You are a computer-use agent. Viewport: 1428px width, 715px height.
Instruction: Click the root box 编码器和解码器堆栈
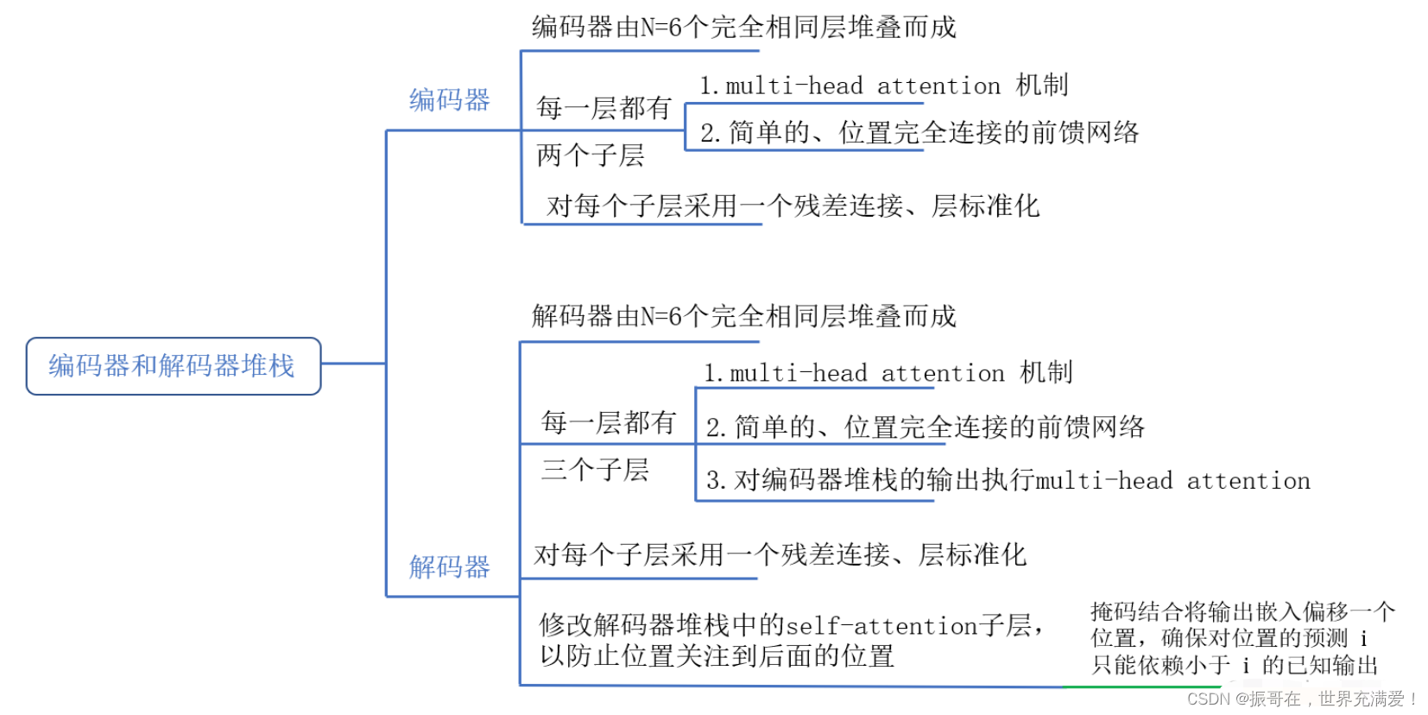[173, 366]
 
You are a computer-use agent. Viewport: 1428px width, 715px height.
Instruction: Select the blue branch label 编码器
[449, 100]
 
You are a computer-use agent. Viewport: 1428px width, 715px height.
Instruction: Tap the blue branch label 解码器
[449, 567]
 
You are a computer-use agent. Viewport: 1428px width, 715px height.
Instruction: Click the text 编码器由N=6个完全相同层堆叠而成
[743, 28]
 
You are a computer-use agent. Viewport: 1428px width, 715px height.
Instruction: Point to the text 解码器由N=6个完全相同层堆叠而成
[743, 317]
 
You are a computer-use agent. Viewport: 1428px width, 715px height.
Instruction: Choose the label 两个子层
[591, 155]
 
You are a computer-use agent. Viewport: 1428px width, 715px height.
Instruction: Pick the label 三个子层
[595, 470]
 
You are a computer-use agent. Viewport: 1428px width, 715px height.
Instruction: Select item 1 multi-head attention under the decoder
[888, 373]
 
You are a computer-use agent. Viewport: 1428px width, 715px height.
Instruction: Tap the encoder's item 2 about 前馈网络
[919, 133]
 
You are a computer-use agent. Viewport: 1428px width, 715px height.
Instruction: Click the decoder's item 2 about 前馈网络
[925, 427]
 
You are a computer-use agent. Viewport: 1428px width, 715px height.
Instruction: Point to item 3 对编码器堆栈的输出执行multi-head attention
[1008, 480]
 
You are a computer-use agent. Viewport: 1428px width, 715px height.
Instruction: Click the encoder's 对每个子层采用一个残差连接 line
[793, 206]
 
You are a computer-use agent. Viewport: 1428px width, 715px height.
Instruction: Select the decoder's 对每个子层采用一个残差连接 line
[780, 554]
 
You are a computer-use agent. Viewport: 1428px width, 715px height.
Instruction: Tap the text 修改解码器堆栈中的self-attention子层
[791, 624]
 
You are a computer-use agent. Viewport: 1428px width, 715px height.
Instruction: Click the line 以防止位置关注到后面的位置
[717, 656]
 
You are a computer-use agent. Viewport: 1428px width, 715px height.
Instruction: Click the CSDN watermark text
[1302, 699]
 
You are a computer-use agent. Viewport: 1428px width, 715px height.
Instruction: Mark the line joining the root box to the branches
[353, 364]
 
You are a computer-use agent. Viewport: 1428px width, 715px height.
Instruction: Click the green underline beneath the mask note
[1140, 687]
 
